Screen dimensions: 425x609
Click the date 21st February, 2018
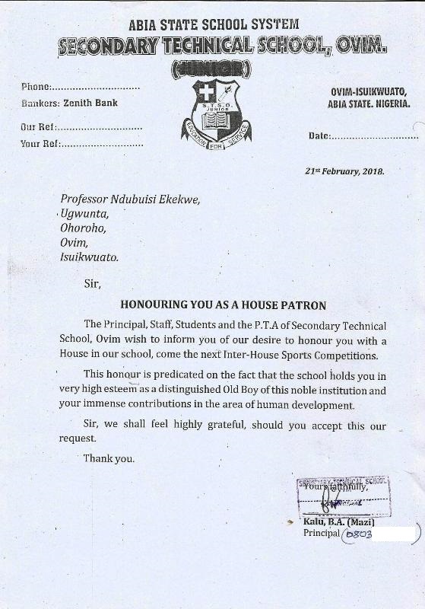pos(344,171)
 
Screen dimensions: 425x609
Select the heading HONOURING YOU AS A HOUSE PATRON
pos(223,305)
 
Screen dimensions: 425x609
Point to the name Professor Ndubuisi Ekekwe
pos(130,199)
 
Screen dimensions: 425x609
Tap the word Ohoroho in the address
pos(83,228)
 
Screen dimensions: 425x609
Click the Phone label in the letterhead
pos(35,88)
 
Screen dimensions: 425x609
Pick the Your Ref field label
pos(40,143)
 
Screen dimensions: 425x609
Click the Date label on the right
pos(319,136)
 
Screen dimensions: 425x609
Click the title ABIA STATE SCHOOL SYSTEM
pos(214,26)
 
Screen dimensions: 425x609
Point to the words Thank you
pos(109,458)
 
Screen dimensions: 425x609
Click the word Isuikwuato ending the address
pos(89,257)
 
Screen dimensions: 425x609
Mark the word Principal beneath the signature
pos(321,534)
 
